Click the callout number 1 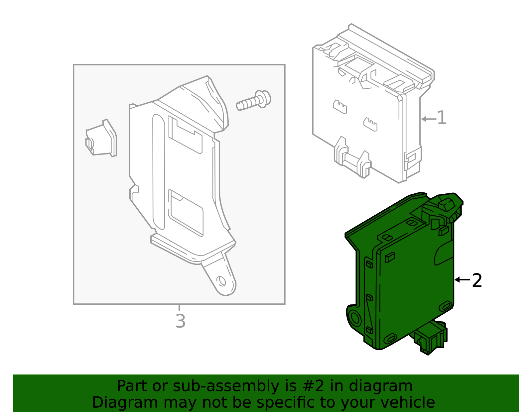click(x=442, y=118)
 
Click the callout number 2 click(x=477, y=281)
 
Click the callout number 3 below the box click(x=180, y=321)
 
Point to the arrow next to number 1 click(x=428, y=119)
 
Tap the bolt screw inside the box click(x=254, y=101)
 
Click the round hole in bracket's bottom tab click(x=221, y=281)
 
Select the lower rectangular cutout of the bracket click(x=186, y=213)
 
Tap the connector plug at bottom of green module click(x=430, y=338)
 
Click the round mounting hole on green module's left click(x=355, y=318)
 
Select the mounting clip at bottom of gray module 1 click(x=352, y=159)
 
